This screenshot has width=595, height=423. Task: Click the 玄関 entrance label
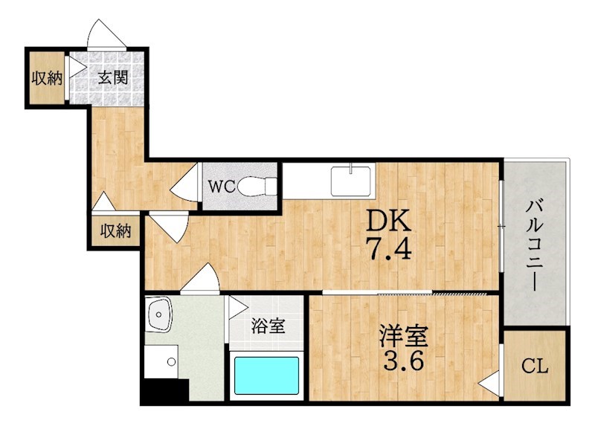[x=113, y=78]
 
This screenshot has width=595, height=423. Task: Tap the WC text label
[x=222, y=187]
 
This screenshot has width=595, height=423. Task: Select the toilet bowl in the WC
[x=258, y=187]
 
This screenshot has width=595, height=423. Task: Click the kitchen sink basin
[x=350, y=181]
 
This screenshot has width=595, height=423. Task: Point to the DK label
[x=388, y=220]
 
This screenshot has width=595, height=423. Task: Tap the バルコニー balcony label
[x=535, y=246]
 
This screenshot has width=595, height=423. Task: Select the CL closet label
[x=534, y=366]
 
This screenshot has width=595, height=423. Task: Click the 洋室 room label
[x=404, y=336]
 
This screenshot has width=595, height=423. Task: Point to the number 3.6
[x=403, y=361]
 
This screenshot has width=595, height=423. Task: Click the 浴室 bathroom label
[x=268, y=326]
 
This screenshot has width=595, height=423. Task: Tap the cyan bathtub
[x=266, y=375]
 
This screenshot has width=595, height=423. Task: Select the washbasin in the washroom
[x=159, y=314]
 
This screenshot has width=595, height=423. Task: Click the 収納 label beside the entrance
[x=46, y=78]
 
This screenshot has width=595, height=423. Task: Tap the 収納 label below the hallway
[x=115, y=230]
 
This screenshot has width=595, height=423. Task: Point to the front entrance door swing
[x=106, y=34]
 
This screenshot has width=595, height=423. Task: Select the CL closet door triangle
[x=489, y=384]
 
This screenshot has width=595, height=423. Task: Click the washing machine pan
[x=161, y=361]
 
